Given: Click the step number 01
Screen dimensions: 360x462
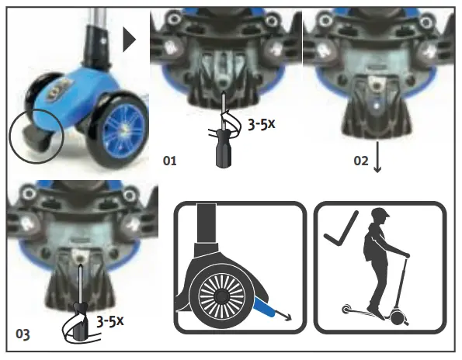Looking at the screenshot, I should pyautogui.click(x=169, y=161).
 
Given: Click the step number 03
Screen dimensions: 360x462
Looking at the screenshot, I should pyautogui.click(x=24, y=335).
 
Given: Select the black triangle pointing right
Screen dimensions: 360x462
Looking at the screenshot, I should pyautogui.click(x=130, y=40).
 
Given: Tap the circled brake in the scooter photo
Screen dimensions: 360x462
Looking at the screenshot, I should pyautogui.click(x=36, y=137).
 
